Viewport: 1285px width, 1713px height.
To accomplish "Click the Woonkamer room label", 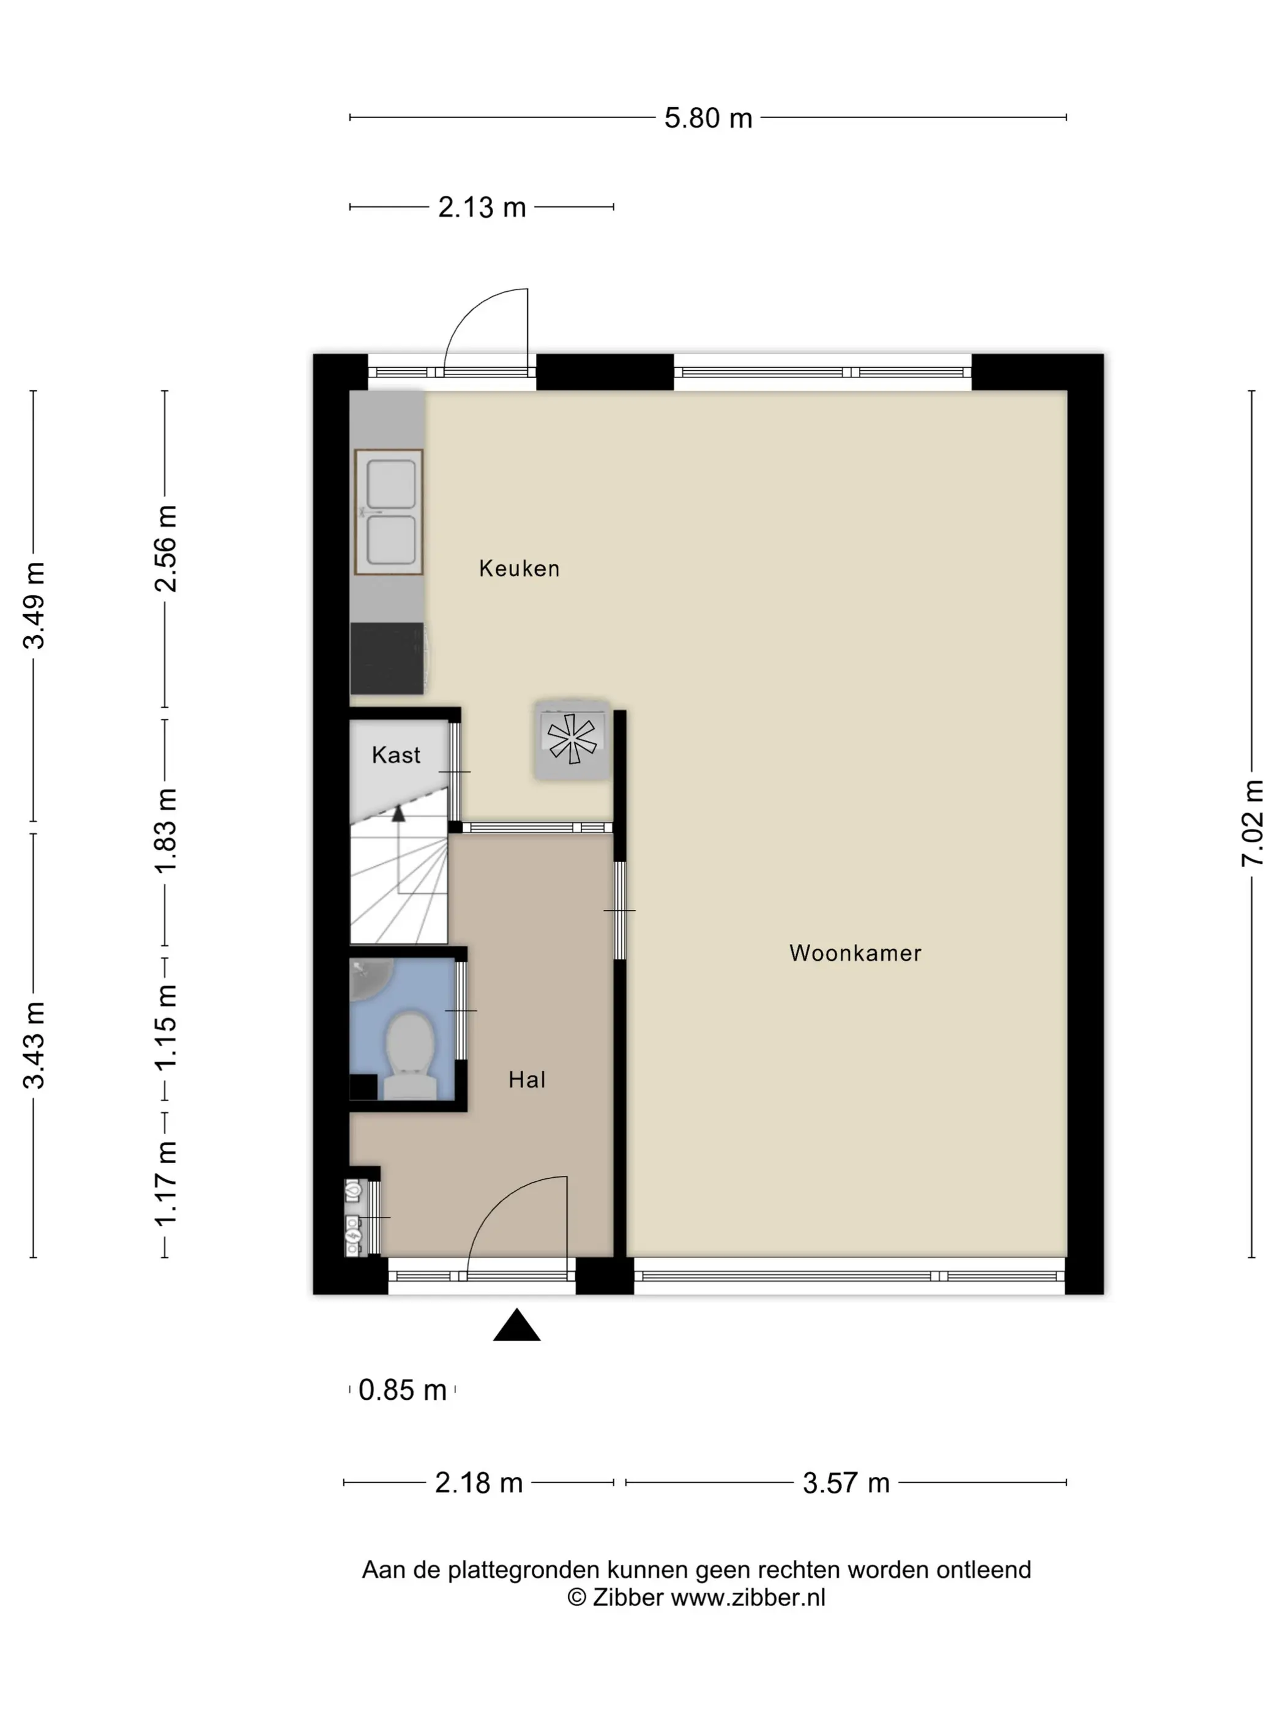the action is click(x=855, y=953).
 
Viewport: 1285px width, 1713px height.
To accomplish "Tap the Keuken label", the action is click(x=519, y=568).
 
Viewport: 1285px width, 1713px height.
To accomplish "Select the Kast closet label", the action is click(x=396, y=755).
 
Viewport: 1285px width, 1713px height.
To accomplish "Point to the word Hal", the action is click(x=527, y=1080).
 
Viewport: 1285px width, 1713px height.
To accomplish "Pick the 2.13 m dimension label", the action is click(x=482, y=207).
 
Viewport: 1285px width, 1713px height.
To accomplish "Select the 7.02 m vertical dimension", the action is click(x=1252, y=823).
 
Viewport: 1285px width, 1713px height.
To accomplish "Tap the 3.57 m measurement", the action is click(x=846, y=1483).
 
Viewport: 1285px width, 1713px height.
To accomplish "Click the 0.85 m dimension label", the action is click(x=402, y=1390).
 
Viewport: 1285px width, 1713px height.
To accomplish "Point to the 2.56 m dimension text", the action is click(x=165, y=548).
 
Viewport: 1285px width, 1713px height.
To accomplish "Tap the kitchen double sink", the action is click(x=389, y=512).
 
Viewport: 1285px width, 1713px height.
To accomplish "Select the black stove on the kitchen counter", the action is click(x=387, y=658).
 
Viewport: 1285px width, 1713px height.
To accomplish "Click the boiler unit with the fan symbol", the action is click(x=572, y=740).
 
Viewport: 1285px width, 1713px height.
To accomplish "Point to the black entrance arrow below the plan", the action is click(x=516, y=1325).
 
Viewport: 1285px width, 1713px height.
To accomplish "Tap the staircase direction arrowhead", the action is click(x=398, y=813).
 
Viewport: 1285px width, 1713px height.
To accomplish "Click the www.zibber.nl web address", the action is click(x=748, y=1597).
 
